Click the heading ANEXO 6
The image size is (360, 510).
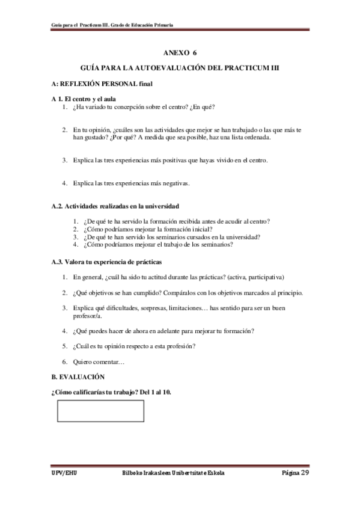pyautogui.click(x=180, y=53)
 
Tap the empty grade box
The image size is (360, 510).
pyautogui.click(x=100, y=411)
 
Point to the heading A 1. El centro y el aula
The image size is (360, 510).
pyautogui.click(x=84, y=98)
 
